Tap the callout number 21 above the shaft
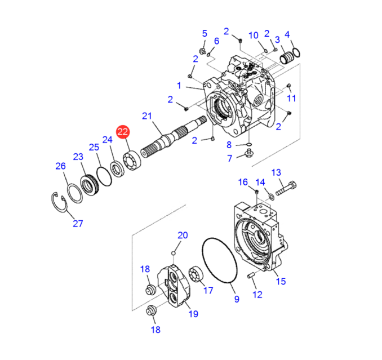(147, 117)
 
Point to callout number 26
(60, 166)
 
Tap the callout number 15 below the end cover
(280, 281)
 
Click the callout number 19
(193, 314)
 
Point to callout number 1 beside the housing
(179, 86)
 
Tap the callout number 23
(78, 157)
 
